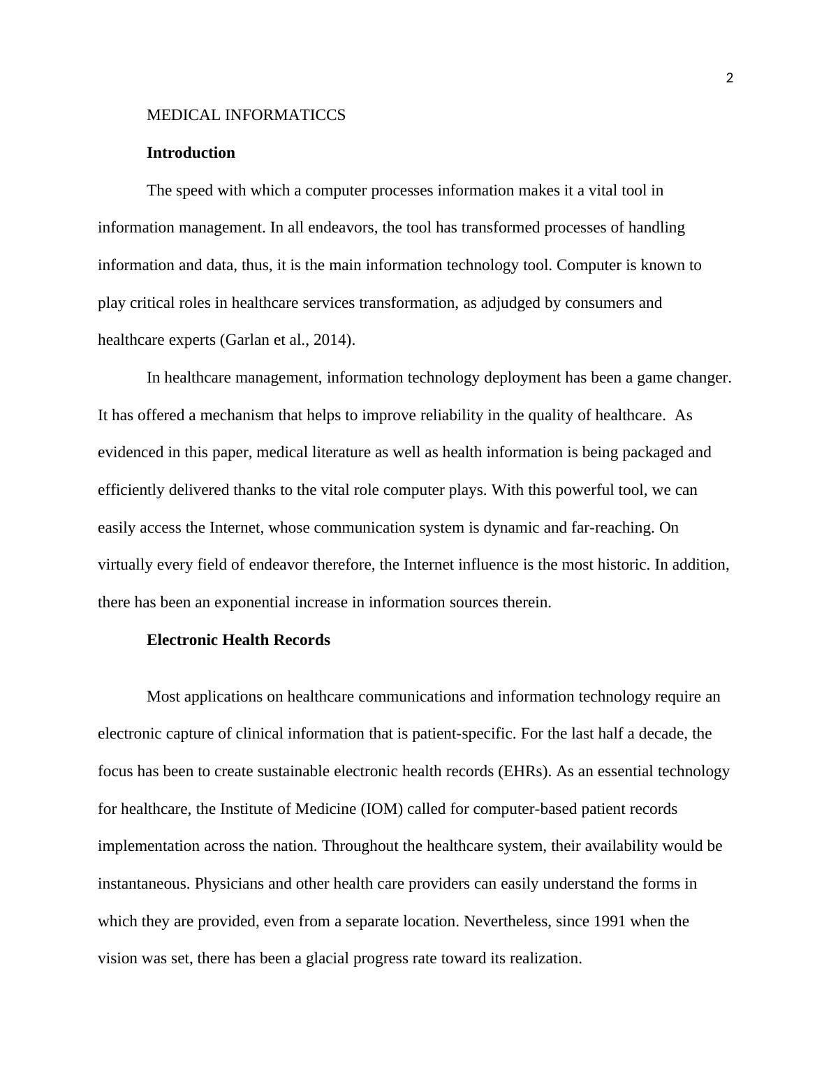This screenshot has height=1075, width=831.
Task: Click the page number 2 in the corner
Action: point(730,78)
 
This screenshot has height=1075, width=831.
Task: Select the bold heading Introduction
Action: point(191,153)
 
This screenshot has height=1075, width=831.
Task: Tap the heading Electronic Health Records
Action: point(238,640)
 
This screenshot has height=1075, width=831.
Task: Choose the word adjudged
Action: point(510,303)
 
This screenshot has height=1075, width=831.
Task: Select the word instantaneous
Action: point(144,884)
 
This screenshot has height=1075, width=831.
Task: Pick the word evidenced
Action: point(131,452)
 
